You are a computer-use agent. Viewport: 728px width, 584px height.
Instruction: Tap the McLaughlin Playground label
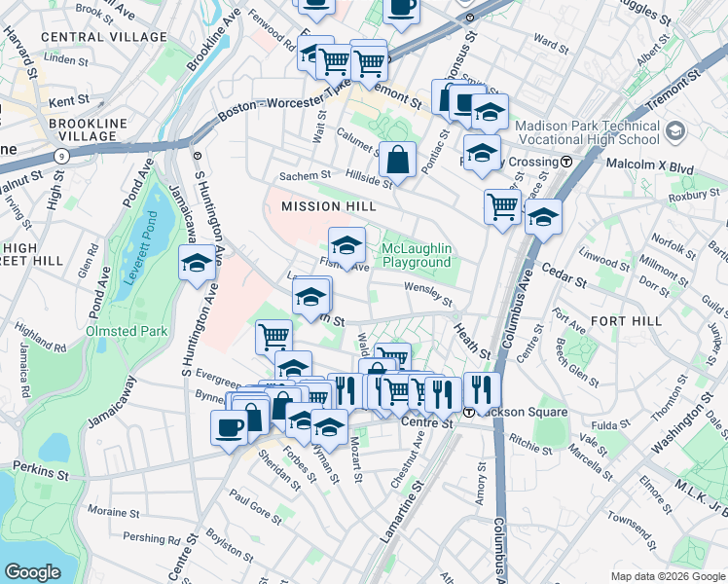(417, 255)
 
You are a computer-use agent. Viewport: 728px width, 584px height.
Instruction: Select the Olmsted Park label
(127, 331)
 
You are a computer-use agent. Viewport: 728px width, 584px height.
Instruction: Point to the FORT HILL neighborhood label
(626, 320)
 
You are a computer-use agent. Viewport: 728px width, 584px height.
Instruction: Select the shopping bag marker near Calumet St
(399, 158)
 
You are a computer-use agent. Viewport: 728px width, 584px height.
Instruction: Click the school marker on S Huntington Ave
(198, 264)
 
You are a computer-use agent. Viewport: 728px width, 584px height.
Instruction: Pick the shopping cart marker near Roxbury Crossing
(502, 205)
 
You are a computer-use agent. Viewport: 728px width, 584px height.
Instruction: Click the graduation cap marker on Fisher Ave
(346, 244)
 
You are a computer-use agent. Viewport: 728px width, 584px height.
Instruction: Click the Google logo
(32, 572)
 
